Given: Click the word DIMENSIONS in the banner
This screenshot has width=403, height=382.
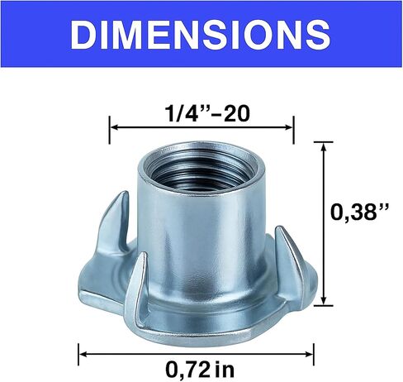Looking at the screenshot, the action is pyautogui.click(x=201, y=35).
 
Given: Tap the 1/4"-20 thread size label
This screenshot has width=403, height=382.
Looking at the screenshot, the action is pyautogui.click(x=207, y=113).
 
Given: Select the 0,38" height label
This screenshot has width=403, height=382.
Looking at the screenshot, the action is pyautogui.click(x=360, y=212).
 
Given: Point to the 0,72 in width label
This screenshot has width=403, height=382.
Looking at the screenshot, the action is pyautogui.click(x=200, y=369).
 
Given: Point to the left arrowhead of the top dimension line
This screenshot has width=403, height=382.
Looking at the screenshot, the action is pyautogui.click(x=114, y=127).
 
